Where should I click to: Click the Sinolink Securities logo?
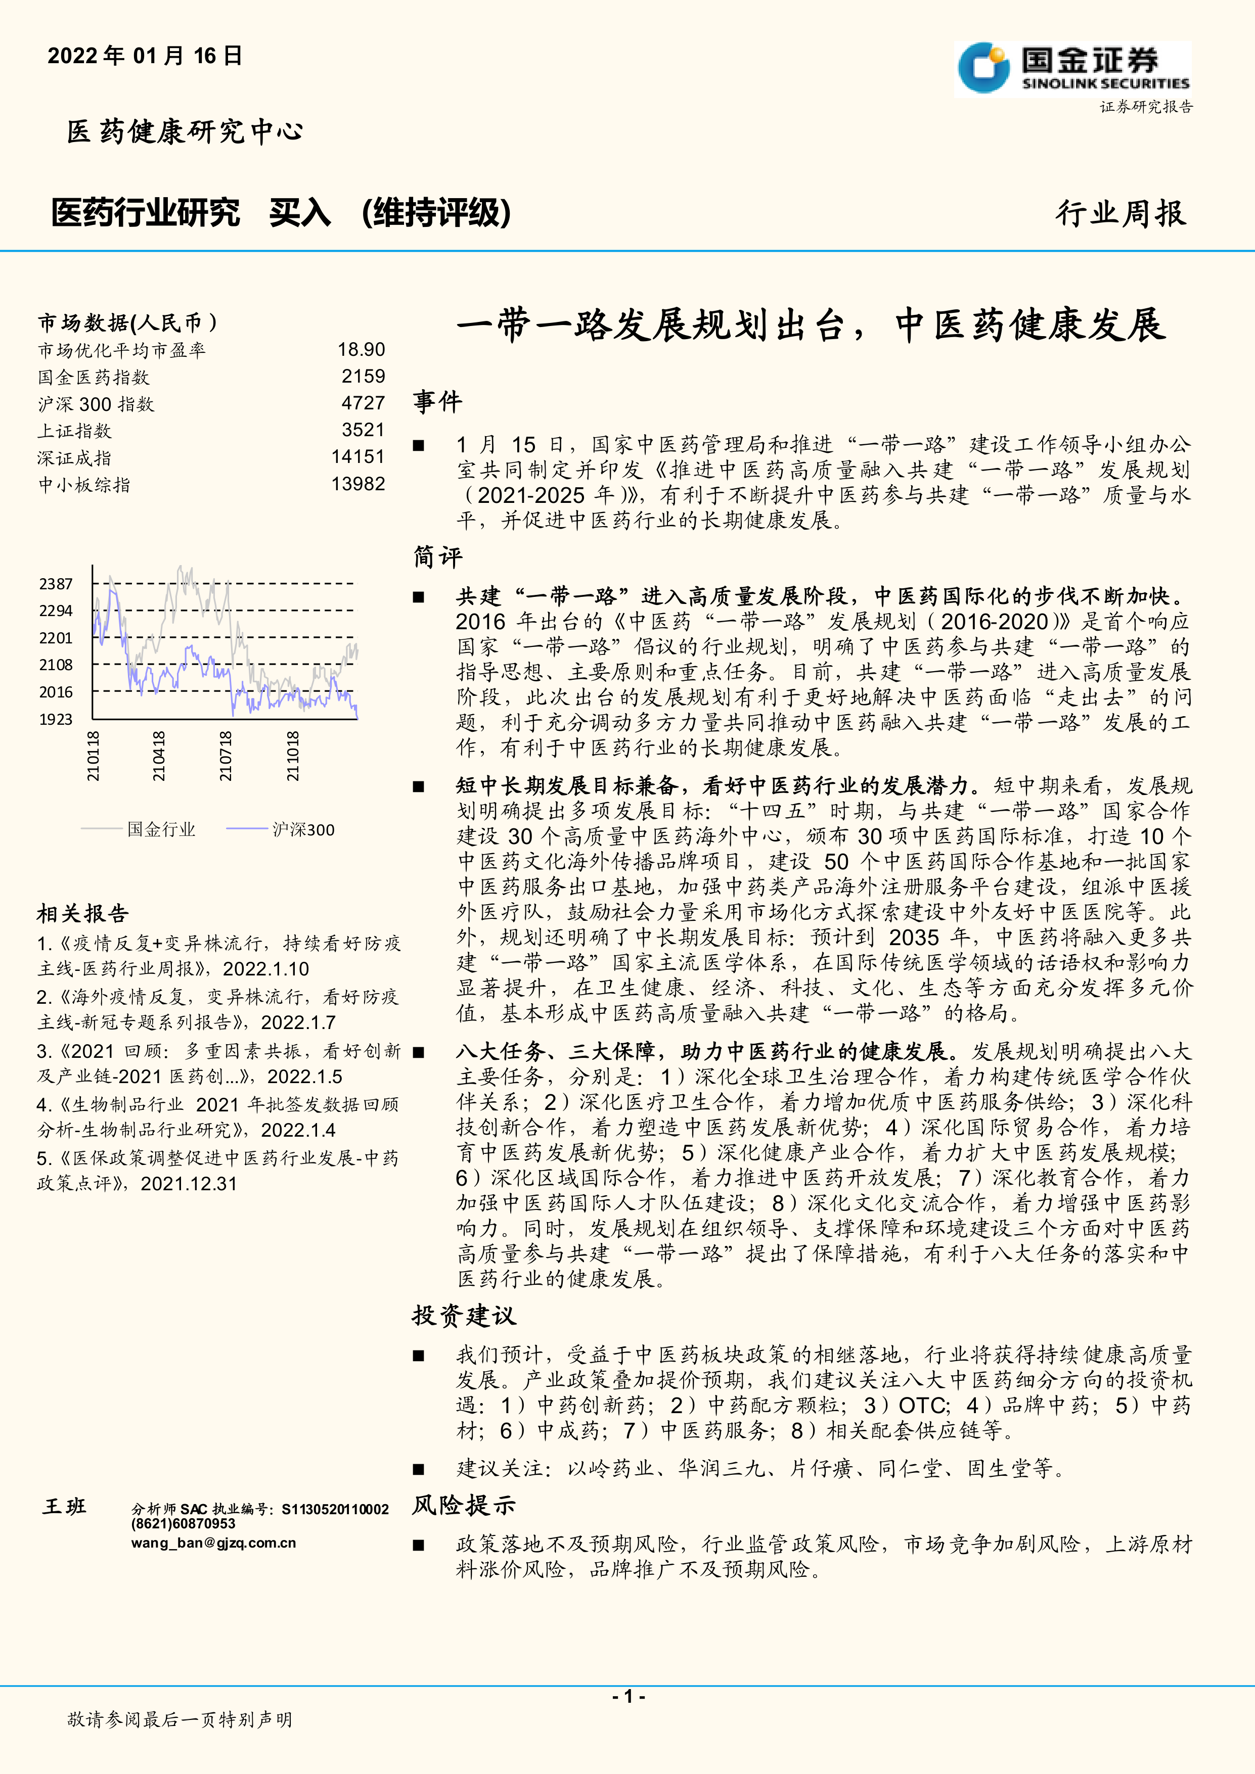click(1072, 68)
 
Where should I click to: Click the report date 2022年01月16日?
click(145, 56)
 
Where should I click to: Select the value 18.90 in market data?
click(361, 350)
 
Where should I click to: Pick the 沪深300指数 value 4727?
click(363, 403)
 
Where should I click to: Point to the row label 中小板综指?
click(84, 485)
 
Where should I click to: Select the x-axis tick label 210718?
click(226, 757)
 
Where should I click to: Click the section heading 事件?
click(437, 402)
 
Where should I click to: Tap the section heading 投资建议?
click(464, 1316)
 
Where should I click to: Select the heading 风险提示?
click(464, 1505)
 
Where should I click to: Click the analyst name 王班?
click(65, 1507)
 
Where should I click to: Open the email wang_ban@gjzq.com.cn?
click(213, 1544)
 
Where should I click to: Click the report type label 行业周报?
click(1120, 213)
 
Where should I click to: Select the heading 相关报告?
click(83, 914)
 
